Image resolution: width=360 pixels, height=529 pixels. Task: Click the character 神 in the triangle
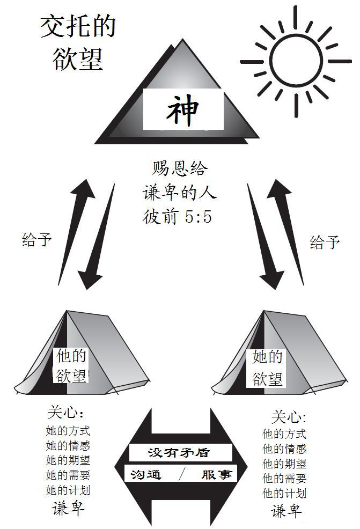(x=182, y=110)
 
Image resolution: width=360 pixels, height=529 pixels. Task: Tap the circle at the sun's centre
(x=295, y=60)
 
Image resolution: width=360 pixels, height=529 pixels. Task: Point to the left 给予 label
(x=37, y=239)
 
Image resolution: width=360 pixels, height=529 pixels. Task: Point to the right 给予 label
(x=325, y=242)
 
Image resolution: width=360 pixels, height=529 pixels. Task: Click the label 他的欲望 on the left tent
(x=71, y=365)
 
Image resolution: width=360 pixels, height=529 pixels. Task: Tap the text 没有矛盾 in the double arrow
(x=181, y=452)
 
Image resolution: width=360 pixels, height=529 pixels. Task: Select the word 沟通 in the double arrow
(x=146, y=474)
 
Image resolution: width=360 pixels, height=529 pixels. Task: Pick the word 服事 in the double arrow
(x=216, y=474)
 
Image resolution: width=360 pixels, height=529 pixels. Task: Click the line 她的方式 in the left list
(x=68, y=431)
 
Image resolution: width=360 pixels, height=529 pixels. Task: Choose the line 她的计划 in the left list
(x=68, y=490)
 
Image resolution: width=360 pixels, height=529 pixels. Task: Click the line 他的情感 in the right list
(x=284, y=449)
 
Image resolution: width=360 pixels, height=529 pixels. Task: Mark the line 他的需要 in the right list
(x=284, y=479)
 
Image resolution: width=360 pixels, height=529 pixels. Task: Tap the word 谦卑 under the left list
(x=68, y=508)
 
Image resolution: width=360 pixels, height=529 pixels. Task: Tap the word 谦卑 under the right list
(x=286, y=511)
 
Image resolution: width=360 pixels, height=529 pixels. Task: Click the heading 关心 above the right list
(x=288, y=417)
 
